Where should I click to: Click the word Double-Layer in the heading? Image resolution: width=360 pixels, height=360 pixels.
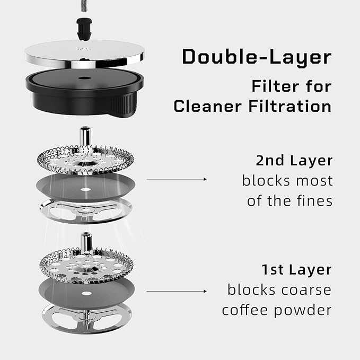coord(257,57)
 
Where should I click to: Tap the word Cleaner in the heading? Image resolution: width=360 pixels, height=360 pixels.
coord(207,106)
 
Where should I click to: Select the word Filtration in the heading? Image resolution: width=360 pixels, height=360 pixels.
coord(290,106)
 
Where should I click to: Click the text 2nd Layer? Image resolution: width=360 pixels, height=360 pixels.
coord(294,160)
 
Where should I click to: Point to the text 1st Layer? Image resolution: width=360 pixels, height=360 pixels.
coord(296,269)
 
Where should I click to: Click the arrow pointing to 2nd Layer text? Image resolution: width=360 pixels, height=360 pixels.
coord(177,179)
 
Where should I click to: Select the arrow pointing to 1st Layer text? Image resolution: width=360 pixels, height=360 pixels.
coord(177,291)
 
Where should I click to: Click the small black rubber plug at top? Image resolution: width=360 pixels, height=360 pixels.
coord(84,29)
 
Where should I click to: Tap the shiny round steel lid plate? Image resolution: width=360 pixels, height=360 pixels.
coord(84,54)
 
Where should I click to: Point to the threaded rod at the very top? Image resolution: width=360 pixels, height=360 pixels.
coord(84,6)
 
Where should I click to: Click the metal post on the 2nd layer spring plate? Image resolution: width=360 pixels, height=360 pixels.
coord(85,136)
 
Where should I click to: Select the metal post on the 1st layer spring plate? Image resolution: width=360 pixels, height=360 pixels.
coord(86,243)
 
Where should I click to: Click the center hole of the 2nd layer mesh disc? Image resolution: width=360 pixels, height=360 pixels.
coord(86,190)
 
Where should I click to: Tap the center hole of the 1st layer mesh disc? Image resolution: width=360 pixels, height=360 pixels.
coord(86,293)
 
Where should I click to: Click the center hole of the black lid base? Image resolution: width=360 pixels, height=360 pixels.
coord(84,78)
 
